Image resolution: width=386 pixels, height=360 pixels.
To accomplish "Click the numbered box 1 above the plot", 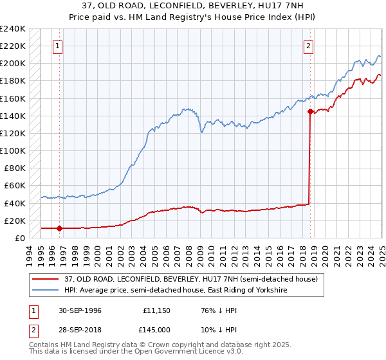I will click(x=59, y=46).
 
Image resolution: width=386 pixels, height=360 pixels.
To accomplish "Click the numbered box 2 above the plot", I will click(x=309, y=46).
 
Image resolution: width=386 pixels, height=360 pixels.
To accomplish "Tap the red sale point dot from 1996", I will click(x=59, y=228).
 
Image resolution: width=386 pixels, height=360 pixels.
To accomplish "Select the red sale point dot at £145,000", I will click(x=310, y=111).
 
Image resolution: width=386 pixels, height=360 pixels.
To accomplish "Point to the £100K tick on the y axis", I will click(x=14, y=150).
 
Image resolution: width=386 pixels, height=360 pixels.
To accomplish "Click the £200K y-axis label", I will click(x=14, y=64).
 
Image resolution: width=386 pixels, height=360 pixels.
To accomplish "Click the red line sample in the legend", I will click(x=47, y=279).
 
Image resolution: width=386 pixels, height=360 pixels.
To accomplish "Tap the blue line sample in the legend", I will click(x=47, y=291).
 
